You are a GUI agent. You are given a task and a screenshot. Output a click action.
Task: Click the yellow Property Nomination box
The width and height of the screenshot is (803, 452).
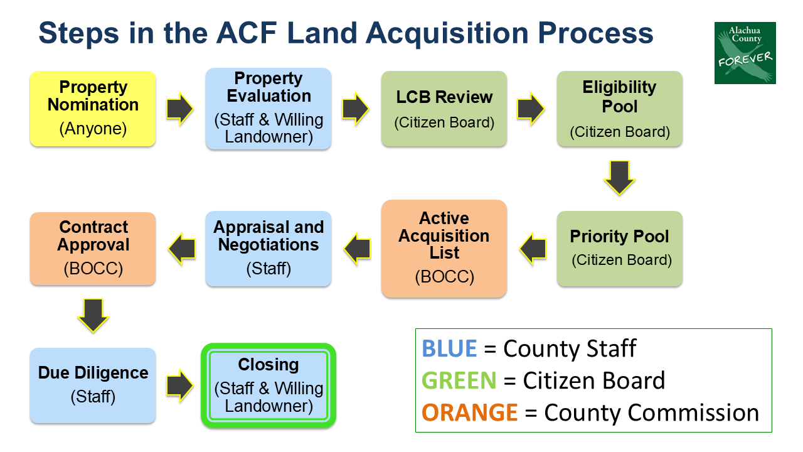[x=93, y=109]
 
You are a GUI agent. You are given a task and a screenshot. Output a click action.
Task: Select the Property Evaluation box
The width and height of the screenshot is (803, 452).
[x=269, y=109]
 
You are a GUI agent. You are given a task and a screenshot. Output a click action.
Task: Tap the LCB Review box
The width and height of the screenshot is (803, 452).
[x=444, y=109]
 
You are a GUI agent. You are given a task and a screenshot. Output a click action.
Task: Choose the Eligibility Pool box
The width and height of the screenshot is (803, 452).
[x=620, y=109]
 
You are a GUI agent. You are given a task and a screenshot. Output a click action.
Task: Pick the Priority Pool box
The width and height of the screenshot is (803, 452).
[x=620, y=249]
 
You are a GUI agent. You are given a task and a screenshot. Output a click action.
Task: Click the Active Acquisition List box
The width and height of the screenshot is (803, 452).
[x=444, y=249]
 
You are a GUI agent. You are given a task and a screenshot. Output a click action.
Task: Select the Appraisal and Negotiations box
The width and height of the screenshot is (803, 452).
[x=269, y=249]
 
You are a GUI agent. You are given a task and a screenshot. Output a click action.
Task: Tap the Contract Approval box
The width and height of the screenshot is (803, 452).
[x=93, y=249]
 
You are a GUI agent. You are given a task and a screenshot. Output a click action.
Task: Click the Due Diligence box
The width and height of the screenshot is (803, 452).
[x=93, y=385]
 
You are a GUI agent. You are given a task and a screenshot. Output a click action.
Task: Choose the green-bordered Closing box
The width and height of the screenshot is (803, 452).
[x=269, y=385]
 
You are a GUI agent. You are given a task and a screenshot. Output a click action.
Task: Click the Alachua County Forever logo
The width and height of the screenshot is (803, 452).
[x=745, y=53]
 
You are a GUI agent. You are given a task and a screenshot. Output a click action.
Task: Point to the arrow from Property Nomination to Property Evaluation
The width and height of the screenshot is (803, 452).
[x=180, y=109]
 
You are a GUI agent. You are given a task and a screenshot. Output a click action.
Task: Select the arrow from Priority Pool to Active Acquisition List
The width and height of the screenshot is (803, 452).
[x=532, y=249]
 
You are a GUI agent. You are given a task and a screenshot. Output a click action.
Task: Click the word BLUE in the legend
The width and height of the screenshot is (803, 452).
[x=449, y=348]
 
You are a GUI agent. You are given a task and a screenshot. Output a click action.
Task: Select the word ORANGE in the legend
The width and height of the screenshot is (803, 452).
[x=470, y=412]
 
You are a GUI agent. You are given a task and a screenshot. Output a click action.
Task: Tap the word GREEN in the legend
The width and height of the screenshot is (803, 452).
[x=459, y=380]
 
